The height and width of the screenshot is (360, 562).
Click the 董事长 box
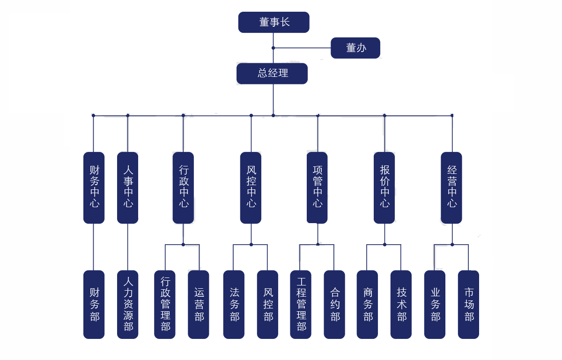pos(274,22)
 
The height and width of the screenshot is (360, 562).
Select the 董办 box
pos(355,48)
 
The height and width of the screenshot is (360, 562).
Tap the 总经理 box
pos(272,74)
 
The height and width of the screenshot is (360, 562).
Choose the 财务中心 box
pos(94,187)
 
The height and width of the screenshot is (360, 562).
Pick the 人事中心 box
pos(128,187)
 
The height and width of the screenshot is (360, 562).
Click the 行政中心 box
pos(183,187)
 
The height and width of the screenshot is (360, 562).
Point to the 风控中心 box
pos(251,187)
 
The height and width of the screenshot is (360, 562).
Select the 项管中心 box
pos(318,187)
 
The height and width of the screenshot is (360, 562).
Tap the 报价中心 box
pos(385,187)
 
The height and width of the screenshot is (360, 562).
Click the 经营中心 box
pos(451,187)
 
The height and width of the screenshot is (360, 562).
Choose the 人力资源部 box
pos(128,304)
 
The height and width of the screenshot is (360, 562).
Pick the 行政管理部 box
pos(165,304)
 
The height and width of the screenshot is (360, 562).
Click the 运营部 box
pos(199,304)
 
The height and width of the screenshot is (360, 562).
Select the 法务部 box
pos(234,304)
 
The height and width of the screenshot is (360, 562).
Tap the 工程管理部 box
pos(301,304)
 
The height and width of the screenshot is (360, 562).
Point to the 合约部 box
pos(334,304)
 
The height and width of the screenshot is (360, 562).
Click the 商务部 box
pos(368,304)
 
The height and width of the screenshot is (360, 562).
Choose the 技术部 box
pos(401,304)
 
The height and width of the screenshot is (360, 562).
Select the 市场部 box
pos(469,304)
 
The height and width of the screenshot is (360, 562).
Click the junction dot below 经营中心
pos(452,244)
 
